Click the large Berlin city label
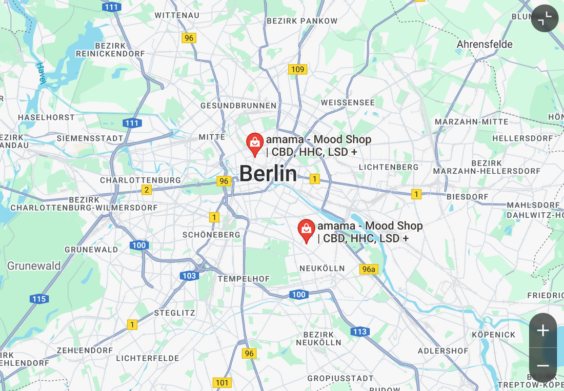(x=268, y=174)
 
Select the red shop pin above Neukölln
(x=307, y=230)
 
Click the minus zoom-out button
(x=543, y=365)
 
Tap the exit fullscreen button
(x=545, y=18)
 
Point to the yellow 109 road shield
(x=297, y=69)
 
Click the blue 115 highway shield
(x=39, y=299)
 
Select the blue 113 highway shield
(x=360, y=332)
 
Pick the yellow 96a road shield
(x=369, y=269)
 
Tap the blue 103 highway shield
(x=189, y=276)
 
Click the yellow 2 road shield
(x=147, y=190)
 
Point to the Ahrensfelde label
(x=485, y=44)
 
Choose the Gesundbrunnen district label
(x=238, y=106)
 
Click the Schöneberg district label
(x=211, y=235)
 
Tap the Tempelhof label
(x=244, y=279)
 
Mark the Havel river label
(x=41, y=73)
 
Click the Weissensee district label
(x=348, y=102)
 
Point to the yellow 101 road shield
(x=222, y=382)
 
